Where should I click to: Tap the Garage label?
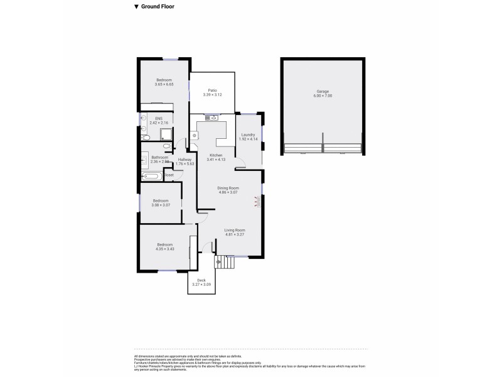[322, 91]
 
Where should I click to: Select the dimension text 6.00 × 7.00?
[322, 96]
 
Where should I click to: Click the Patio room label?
[213, 90]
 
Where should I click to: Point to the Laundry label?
[248, 134]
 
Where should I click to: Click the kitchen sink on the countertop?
[210, 117]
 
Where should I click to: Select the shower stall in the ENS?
[167, 133]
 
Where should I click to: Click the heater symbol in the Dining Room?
[256, 202]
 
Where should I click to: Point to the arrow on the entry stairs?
[218, 261]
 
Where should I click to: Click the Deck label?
[201, 280]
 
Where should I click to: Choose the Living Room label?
[235, 231]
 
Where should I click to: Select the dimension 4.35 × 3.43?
[165, 249]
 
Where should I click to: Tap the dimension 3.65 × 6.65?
[165, 84]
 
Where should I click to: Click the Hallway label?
[184, 160]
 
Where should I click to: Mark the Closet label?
[169, 175]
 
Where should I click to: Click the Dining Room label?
[228, 188]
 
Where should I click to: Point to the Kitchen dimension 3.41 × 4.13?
[216, 160]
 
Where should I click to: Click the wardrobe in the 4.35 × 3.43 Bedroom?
[191, 246]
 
